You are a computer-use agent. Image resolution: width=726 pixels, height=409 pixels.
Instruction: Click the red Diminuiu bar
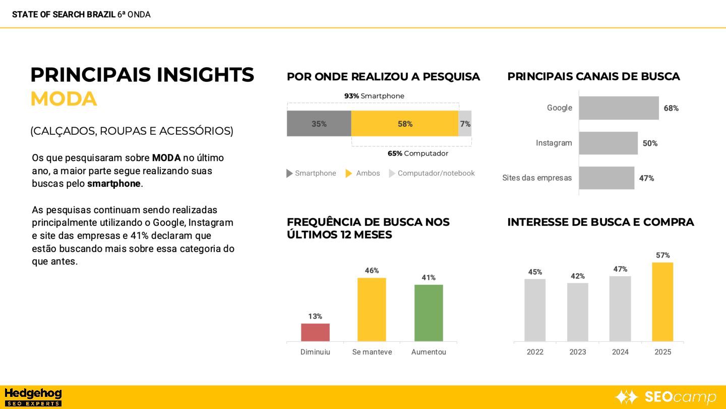pos(315,332)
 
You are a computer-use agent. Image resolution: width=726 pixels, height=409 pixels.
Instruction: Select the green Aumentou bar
pos(429,313)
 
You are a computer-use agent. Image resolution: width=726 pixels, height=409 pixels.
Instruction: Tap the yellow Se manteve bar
pos(372,310)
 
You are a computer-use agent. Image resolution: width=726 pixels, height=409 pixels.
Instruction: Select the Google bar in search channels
pos(619,108)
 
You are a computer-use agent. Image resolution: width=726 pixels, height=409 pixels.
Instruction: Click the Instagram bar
pos(608,143)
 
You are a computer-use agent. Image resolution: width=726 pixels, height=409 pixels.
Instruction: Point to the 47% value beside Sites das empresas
pos(646,178)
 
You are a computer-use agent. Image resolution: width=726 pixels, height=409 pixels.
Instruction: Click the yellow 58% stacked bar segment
pos(405,124)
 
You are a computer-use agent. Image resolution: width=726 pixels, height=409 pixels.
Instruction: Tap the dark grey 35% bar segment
pos(319,124)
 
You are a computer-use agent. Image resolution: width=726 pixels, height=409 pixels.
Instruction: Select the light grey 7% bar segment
pos(465,124)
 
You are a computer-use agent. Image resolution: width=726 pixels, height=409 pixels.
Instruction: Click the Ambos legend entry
pos(363,173)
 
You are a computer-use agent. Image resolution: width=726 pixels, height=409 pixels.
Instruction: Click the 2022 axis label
pos(535,352)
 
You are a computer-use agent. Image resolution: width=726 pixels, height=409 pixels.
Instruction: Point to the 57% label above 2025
pos(662,255)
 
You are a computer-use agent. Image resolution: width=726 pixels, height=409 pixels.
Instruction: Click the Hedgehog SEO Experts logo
pos(33,397)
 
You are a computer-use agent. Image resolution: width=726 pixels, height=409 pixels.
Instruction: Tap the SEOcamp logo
pos(665,397)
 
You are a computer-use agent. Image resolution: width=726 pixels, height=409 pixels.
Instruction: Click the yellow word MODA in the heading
pos(64,99)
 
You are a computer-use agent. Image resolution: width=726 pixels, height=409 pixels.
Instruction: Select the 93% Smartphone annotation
pos(374,96)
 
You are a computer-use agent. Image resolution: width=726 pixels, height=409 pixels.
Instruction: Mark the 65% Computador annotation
pos(417,154)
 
